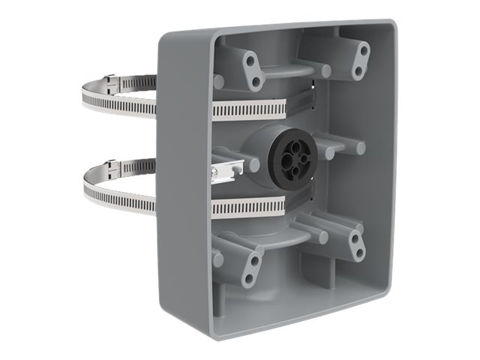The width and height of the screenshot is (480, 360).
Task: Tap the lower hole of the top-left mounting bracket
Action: point(256,80)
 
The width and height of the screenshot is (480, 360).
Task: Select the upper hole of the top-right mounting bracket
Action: point(364,50)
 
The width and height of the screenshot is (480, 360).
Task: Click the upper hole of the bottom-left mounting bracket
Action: point(255,260)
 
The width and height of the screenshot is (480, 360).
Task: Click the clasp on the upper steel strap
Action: point(111,79)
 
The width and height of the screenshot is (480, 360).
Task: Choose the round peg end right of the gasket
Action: point(361,148)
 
